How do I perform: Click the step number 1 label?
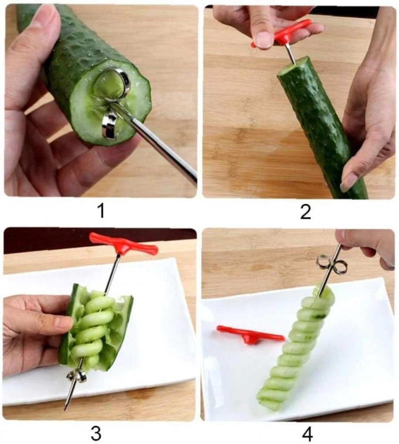coord(101,211)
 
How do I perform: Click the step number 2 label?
coord(305,212)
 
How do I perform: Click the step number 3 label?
coord(96,433)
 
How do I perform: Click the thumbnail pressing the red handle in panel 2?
coord(264,39)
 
